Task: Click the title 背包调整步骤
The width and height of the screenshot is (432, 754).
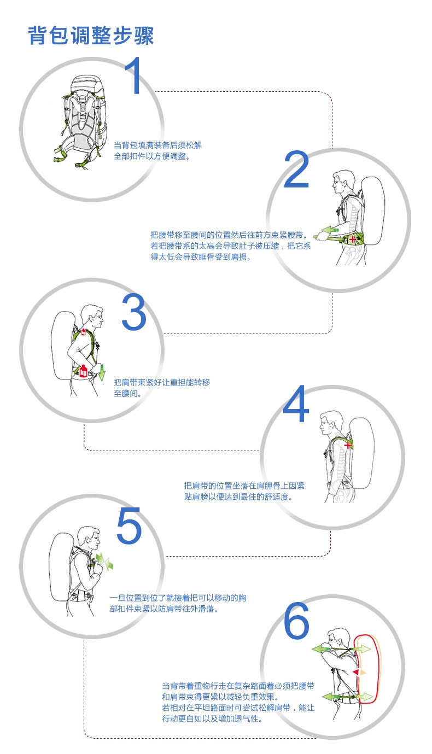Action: coord(91,35)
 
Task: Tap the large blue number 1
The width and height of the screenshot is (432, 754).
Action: coord(133,77)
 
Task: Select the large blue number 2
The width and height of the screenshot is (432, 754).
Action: coord(296,171)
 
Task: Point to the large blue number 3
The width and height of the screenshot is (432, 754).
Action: coord(133,313)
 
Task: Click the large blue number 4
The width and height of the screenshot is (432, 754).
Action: coord(296,405)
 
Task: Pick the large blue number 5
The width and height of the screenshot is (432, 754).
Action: coord(129,526)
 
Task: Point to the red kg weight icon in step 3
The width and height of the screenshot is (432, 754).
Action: coord(84,371)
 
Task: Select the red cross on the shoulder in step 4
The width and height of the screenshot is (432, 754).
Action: coord(348,446)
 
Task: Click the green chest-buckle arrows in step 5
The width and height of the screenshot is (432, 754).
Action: coord(103,560)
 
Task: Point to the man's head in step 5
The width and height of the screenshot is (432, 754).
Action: coord(88,538)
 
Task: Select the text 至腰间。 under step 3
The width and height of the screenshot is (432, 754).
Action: coord(127,393)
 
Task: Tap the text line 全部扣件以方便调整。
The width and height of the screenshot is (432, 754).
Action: coord(151,156)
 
